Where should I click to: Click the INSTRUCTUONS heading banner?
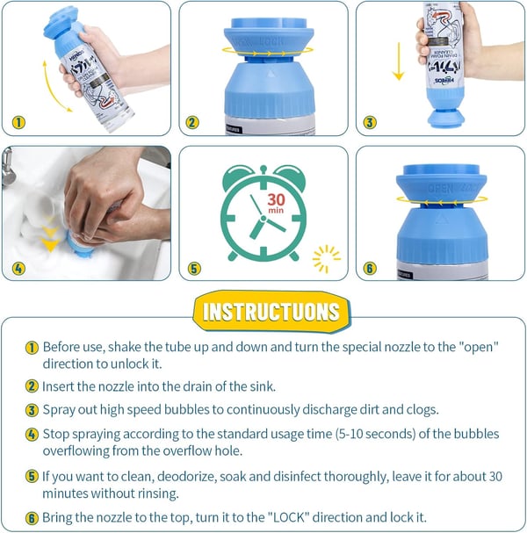point(271,311)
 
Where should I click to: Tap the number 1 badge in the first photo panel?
point(20,122)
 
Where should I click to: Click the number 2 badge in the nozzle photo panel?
point(193,122)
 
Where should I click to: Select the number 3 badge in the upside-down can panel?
point(370,122)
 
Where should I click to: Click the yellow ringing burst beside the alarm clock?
point(327,257)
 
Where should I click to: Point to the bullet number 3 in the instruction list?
point(32,409)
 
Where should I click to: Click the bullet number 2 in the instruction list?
point(32,385)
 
